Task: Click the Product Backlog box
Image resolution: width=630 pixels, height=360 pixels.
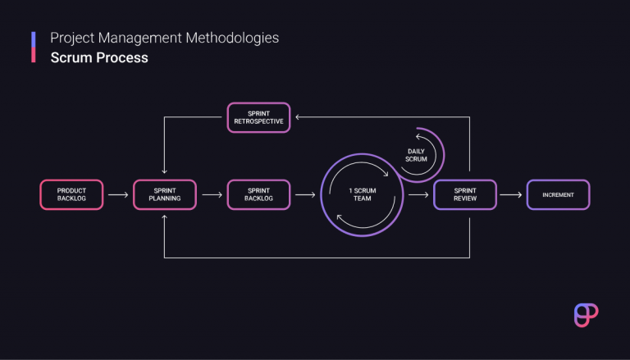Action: pyautogui.click(x=72, y=194)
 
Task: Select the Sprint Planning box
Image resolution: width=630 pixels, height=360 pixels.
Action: pyautogui.click(x=165, y=194)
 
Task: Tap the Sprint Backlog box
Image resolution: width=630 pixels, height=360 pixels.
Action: pyautogui.click(x=258, y=194)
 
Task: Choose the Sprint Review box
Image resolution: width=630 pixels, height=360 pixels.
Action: pyautogui.click(x=464, y=194)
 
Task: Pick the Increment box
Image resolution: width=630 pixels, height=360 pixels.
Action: pyautogui.click(x=558, y=194)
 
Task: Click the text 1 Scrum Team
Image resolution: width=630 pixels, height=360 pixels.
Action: pyautogui.click(x=362, y=194)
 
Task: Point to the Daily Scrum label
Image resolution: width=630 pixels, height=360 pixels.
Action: pyautogui.click(x=417, y=154)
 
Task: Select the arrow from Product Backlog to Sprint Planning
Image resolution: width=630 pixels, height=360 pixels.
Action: pyautogui.click(x=118, y=195)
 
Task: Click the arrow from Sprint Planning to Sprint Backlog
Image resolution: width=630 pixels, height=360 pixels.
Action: pyautogui.click(x=211, y=195)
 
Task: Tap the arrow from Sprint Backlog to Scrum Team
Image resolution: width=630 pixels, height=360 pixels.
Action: pyautogui.click(x=304, y=195)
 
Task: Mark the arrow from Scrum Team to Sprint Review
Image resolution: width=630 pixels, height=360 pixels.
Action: pyautogui.click(x=418, y=195)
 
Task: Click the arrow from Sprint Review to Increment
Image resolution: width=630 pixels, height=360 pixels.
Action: pyautogui.click(x=511, y=195)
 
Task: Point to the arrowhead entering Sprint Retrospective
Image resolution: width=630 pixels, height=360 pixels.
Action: pyautogui.click(x=299, y=117)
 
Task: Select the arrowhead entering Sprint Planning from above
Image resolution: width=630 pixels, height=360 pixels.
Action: pyautogui.click(x=165, y=173)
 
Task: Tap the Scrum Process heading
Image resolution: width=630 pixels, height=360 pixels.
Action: pyautogui.click(x=98, y=57)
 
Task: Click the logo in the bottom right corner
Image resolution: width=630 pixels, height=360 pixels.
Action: pyautogui.click(x=586, y=315)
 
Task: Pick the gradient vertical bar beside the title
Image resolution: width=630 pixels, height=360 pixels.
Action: pyautogui.click(x=34, y=48)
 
